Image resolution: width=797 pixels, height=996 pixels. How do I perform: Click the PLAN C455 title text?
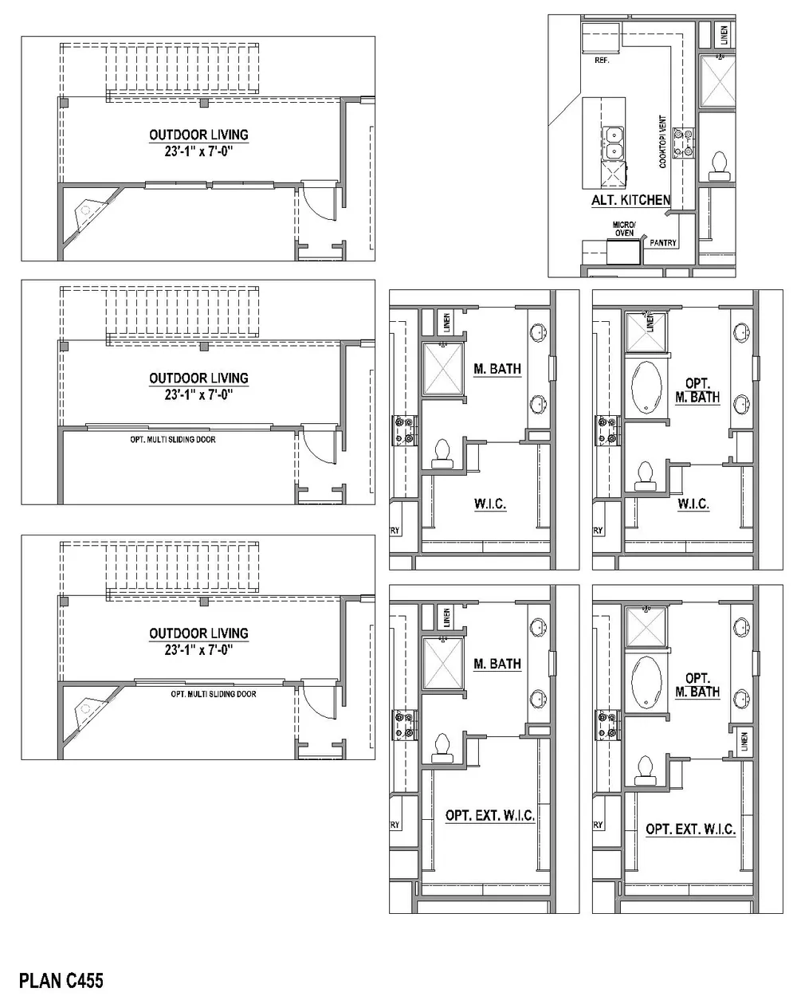click(x=61, y=979)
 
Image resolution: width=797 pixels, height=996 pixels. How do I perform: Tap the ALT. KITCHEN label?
click(x=630, y=201)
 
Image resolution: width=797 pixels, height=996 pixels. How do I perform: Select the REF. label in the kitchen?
click(x=602, y=60)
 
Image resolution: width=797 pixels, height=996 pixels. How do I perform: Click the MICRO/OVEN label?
click(x=623, y=229)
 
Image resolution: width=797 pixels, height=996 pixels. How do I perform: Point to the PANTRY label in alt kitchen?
click(x=663, y=243)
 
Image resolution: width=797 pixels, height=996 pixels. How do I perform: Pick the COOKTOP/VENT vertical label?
click(x=662, y=142)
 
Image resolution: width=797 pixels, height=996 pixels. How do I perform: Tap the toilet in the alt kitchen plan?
click(x=719, y=163)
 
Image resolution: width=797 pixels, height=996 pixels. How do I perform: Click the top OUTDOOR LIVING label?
click(x=198, y=135)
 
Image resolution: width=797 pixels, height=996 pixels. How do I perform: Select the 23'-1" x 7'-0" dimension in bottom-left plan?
click(x=198, y=649)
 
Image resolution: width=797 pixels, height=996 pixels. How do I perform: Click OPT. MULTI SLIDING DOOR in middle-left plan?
click(x=172, y=439)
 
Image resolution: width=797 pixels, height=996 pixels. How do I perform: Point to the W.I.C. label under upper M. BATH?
click(x=490, y=504)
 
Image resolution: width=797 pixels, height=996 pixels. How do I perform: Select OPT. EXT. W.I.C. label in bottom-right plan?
click(x=690, y=829)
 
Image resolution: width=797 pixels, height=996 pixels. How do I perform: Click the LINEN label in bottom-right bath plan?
click(x=744, y=740)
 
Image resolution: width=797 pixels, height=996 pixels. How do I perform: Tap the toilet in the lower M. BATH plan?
click(x=441, y=748)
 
